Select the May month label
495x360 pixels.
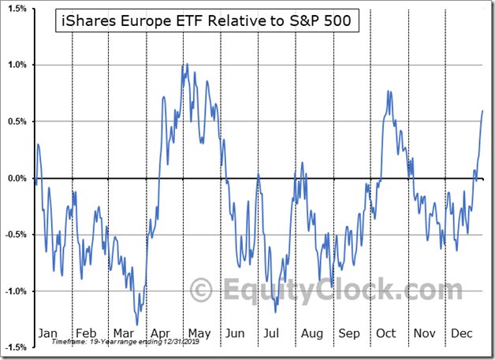(x=199, y=333)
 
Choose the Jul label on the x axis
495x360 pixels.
(x=273, y=333)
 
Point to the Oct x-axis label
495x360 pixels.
(x=386, y=333)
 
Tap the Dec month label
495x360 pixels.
(x=460, y=333)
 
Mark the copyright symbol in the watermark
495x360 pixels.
(x=202, y=290)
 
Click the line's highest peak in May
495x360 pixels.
(x=186, y=65)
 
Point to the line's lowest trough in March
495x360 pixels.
(x=136, y=325)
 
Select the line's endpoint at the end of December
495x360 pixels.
(x=482, y=110)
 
